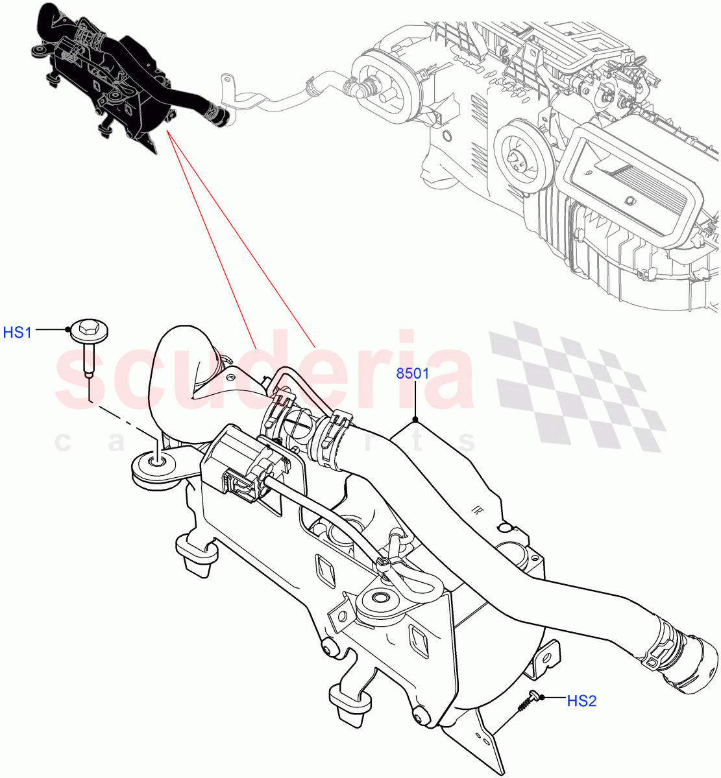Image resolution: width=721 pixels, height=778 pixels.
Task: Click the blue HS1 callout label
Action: click(18, 333)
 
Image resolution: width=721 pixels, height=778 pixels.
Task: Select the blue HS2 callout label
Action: click(581, 700)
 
